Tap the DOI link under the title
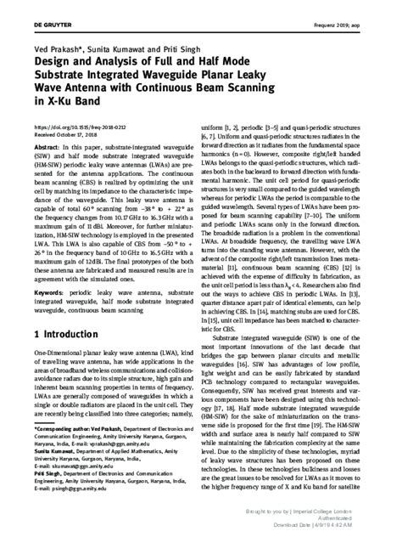click(x=72, y=127)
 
